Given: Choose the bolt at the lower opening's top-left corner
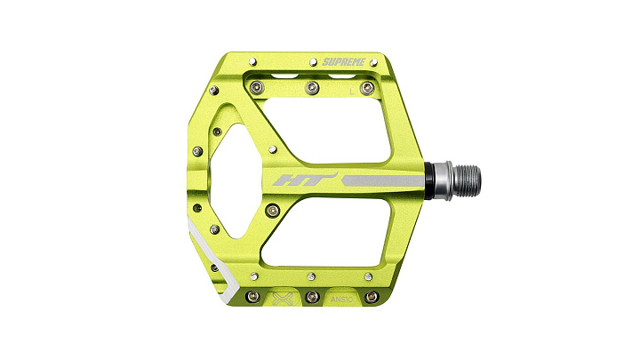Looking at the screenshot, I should (273, 211).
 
